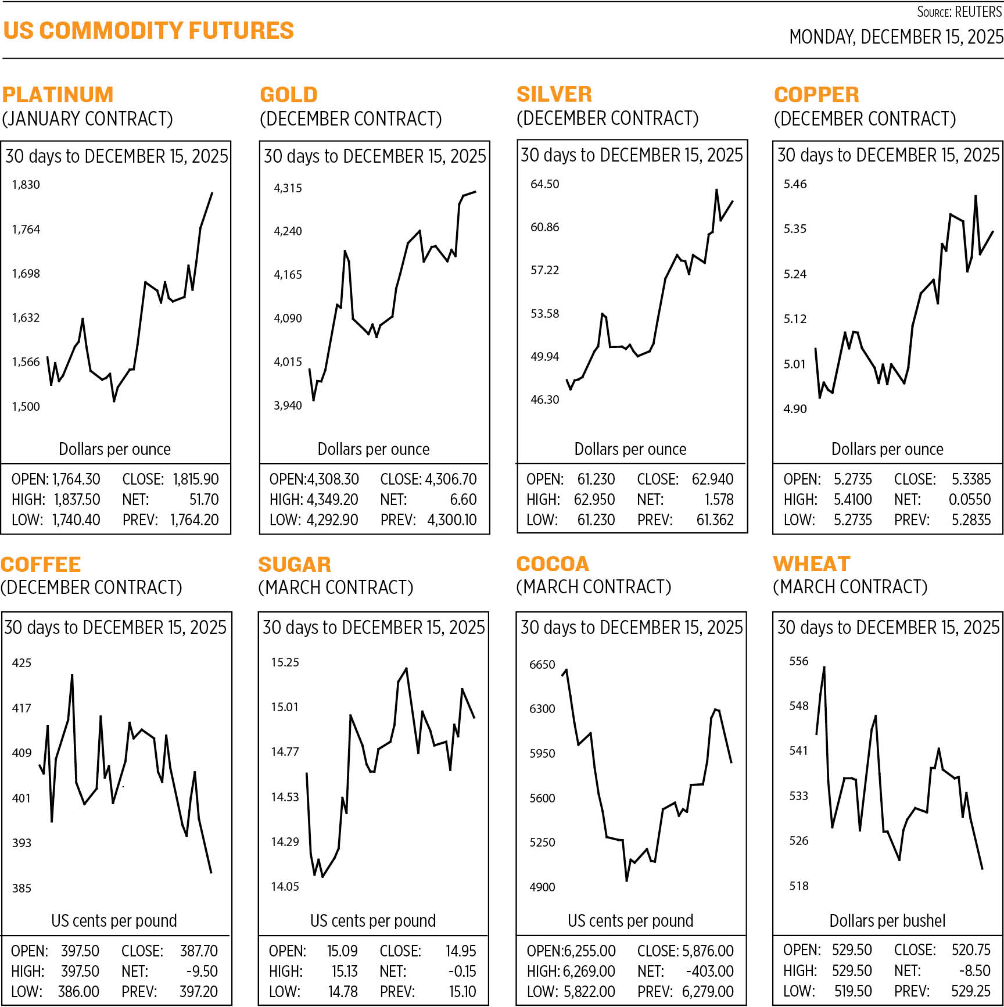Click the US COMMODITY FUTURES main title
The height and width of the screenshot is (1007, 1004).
(x=149, y=31)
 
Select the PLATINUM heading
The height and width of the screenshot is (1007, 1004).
(x=58, y=95)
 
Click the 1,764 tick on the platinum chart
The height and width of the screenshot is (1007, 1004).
(x=26, y=230)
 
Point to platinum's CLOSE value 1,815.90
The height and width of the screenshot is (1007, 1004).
(x=196, y=479)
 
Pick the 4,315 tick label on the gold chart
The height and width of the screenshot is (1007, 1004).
(x=288, y=188)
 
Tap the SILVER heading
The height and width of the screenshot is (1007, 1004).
(x=554, y=94)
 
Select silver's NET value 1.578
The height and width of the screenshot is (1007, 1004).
(x=719, y=500)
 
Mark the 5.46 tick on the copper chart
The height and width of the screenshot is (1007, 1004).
(x=795, y=184)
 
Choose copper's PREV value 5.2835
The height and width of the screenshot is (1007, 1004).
(x=971, y=520)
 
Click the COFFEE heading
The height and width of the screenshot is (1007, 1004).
(x=41, y=564)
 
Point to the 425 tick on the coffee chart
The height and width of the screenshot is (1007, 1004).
(x=21, y=663)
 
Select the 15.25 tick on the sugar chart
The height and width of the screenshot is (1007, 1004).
(x=285, y=662)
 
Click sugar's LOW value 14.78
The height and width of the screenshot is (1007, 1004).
(x=343, y=991)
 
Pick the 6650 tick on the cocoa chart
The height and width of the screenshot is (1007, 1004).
(x=542, y=665)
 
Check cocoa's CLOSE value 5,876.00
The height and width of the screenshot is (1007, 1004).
(x=708, y=951)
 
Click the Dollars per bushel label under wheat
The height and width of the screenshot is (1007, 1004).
(x=887, y=921)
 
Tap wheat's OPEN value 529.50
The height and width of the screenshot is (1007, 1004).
(x=852, y=950)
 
